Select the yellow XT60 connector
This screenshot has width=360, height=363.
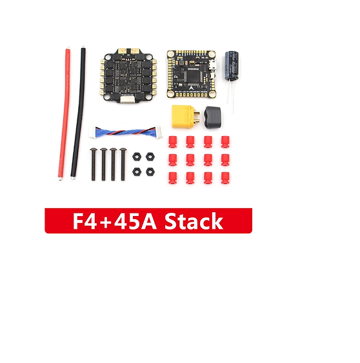186,117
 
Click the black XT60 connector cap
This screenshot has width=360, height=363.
212,117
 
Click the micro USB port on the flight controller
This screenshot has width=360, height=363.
213,65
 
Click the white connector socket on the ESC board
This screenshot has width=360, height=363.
127,99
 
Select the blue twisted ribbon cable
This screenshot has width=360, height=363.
126,132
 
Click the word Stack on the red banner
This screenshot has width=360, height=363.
194,221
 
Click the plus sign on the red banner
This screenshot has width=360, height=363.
105,222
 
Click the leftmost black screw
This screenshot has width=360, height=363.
93,164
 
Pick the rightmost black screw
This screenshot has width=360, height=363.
123,164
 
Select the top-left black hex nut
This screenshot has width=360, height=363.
137,157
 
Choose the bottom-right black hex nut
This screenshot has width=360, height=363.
150,172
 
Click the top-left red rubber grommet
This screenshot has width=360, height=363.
173,142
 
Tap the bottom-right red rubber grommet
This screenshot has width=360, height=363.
225,178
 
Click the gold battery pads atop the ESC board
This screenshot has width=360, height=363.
128,51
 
